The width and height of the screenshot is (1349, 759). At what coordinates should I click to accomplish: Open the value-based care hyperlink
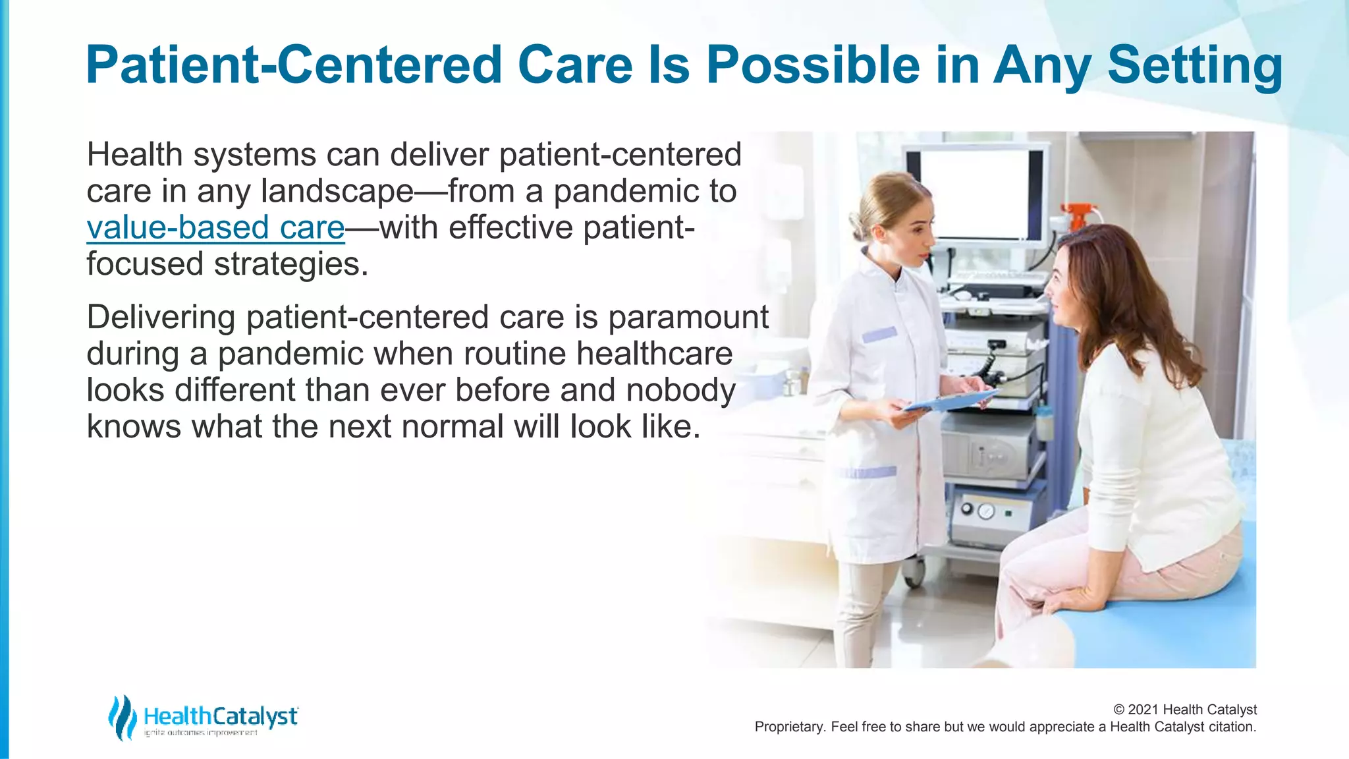click(215, 227)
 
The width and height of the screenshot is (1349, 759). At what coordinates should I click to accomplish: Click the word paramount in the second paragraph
click(688, 318)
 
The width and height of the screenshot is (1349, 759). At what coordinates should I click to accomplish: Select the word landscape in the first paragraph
click(337, 192)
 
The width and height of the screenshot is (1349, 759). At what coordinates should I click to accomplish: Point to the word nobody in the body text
click(680, 390)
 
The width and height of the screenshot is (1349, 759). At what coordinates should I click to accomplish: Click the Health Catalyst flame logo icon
click(122, 717)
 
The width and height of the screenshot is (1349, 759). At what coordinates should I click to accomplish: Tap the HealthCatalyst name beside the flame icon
click(221, 716)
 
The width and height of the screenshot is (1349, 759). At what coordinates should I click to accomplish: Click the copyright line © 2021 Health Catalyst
click(1184, 710)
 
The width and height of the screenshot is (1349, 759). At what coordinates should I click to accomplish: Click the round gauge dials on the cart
click(977, 511)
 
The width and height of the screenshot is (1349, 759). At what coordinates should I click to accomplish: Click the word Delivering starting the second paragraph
click(161, 318)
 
